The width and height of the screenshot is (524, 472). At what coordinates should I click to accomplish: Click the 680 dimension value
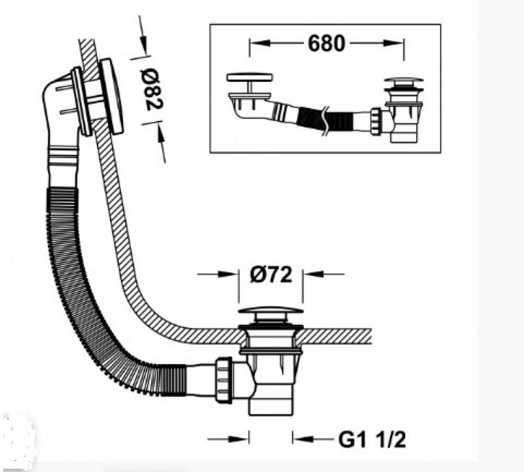coord(326,44)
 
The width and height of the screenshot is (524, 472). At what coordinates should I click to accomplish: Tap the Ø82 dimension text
coord(151,89)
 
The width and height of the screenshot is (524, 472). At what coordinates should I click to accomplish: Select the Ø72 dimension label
coord(271,275)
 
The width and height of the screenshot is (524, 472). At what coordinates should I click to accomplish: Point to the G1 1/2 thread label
coord(372,439)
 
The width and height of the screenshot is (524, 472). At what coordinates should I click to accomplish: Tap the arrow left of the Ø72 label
coord(217,274)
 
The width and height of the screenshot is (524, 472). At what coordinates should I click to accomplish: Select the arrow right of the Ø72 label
coord(324,274)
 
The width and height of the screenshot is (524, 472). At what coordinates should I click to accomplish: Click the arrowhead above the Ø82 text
coord(143,42)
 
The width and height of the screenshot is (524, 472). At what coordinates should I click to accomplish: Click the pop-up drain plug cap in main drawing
coord(271,312)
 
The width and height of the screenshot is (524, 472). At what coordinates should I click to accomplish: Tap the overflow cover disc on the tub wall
coord(111,96)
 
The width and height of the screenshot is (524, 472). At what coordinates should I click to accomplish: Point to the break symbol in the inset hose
coord(325,121)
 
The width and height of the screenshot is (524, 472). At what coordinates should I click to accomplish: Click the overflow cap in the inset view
coord(249,77)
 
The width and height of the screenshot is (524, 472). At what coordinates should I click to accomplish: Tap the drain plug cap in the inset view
coord(403,80)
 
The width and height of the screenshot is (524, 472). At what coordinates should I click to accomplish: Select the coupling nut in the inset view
coord(376,121)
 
